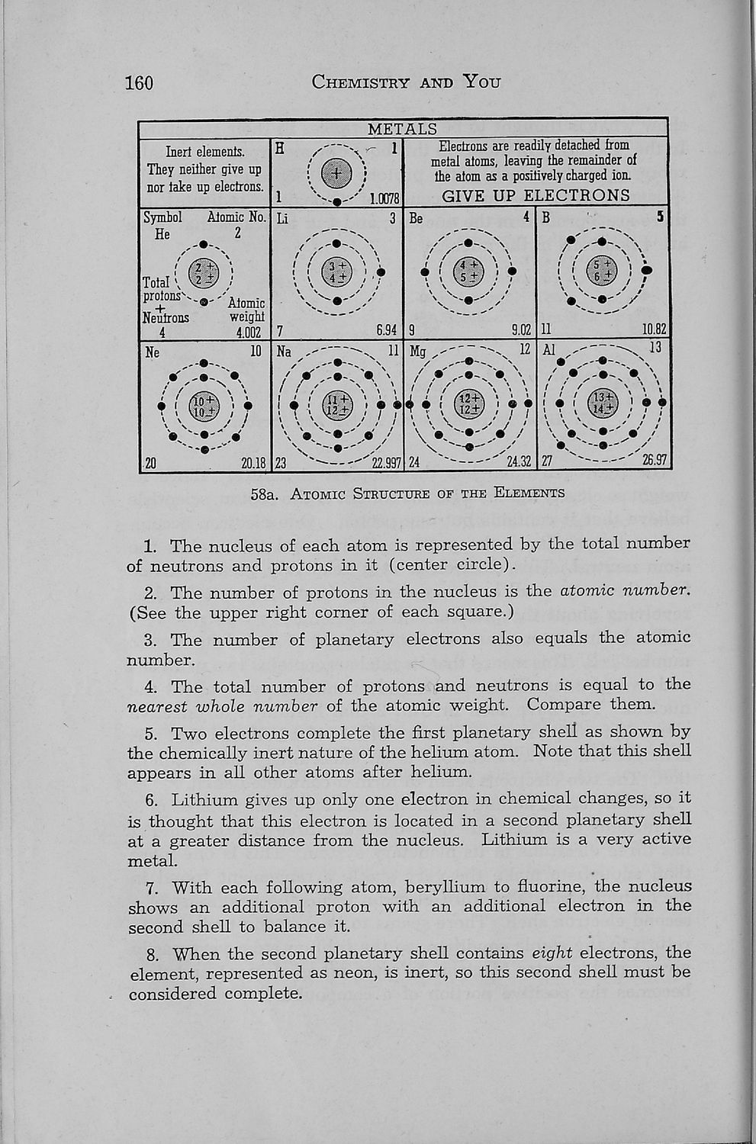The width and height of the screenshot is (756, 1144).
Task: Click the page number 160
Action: point(140,82)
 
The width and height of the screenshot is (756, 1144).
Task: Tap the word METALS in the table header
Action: point(403,130)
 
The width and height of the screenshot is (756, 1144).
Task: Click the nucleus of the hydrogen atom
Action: point(336,175)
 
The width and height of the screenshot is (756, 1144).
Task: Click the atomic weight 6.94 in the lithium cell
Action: point(387,330)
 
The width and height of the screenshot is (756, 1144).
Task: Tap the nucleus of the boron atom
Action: point(603,271)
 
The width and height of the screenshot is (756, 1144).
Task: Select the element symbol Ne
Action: point(152,352)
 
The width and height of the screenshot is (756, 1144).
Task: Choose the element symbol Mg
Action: point(418,352)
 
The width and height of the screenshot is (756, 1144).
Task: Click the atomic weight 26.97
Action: point(655,461)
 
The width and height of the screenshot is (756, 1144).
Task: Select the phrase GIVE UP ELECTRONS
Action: point(536,195)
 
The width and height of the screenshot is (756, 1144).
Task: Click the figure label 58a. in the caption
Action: point(263,493)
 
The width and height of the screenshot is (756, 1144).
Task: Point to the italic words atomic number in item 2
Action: point(625,591)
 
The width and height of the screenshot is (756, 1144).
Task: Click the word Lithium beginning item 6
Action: point(204,800)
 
